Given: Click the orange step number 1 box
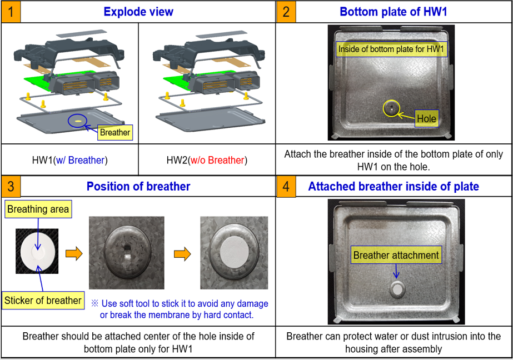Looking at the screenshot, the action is coord(11,12).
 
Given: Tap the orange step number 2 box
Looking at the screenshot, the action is coord(286,12).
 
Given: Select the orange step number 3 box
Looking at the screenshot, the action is coord(11,186).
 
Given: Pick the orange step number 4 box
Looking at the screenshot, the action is coord(286,186).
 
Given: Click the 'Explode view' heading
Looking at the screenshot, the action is coord(138,12).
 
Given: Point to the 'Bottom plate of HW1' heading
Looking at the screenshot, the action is coord(394,12).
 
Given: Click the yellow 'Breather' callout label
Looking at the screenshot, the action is coord(115,132).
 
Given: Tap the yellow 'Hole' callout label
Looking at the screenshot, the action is coord(427,118).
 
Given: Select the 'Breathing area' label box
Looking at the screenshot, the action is coord(38,209).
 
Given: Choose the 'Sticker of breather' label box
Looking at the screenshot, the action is coord(43,300).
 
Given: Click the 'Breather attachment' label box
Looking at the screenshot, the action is coord(396,255).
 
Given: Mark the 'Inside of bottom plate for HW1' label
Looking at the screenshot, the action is coord(391,49).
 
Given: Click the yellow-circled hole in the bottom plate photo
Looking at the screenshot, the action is coord(391,108).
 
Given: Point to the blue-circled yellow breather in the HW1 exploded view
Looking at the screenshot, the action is coord(78,121).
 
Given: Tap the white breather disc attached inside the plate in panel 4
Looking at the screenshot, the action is coord(397,289).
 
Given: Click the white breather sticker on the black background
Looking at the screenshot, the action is coord(37,252).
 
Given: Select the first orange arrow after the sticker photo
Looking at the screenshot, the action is coord(74,254).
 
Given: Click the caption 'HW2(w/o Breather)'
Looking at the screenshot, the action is coord(207,160).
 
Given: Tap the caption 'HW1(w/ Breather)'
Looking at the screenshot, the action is coord(69,160).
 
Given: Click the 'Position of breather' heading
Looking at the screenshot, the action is coord(138,186).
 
